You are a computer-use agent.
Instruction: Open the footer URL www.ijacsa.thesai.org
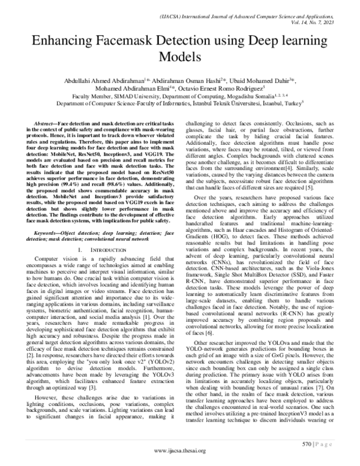(x=179, y=450)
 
